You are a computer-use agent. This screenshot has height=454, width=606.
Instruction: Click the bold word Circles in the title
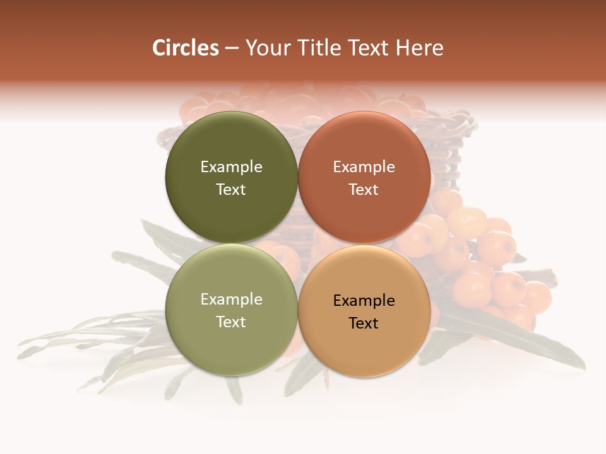(186, 48)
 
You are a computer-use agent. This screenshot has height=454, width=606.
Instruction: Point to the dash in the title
(232, 48)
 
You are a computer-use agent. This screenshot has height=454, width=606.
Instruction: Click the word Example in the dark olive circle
(231, 167)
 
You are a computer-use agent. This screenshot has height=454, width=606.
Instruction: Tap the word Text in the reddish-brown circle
(364, 190)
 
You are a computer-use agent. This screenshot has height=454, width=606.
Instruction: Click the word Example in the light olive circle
(231, 300)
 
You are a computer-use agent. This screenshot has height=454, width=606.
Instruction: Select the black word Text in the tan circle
(364, 323)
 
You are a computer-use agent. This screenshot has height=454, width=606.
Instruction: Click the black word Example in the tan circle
(364, 301)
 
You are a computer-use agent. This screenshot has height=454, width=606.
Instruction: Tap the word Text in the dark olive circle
(231, 190)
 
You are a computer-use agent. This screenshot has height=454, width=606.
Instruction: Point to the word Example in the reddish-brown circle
(364, 167)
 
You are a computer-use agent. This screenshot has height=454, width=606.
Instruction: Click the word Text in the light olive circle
(231, 322)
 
